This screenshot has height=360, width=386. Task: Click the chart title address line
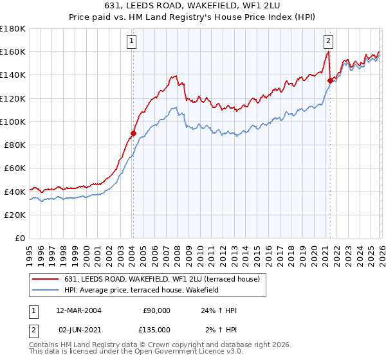(193, 5)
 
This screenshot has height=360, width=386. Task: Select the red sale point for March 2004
(133, 134)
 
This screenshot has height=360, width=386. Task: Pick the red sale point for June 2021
(330, 81)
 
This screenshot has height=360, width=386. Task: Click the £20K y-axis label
(15, 215)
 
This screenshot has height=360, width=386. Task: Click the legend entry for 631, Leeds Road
(161, 279)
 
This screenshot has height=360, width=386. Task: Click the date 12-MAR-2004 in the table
(78, 310)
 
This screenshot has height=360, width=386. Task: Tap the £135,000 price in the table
(156, 330)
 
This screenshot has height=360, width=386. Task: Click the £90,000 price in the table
(156, 310)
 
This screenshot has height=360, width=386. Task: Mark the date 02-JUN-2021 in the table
(78, 330)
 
